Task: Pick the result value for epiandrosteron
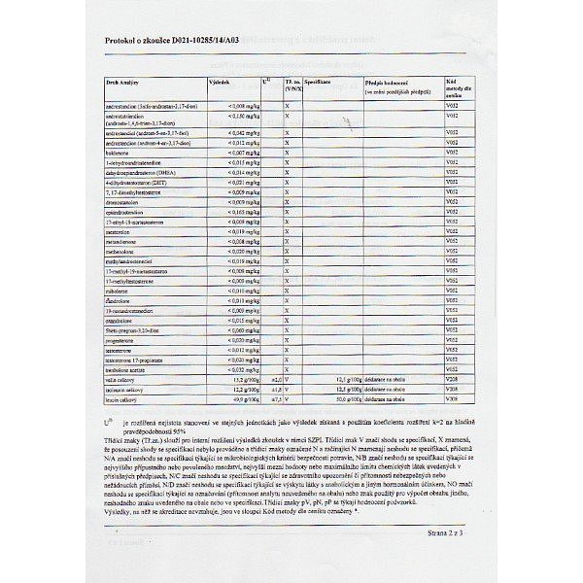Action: click(x=230, y=210)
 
